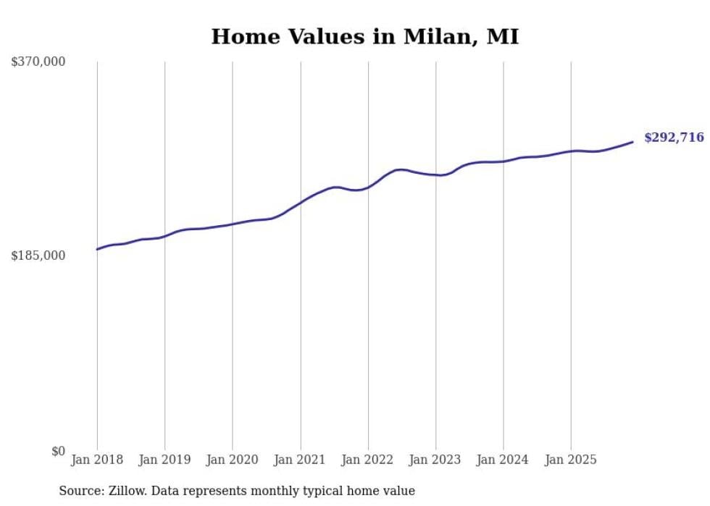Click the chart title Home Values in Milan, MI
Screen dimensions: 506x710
[x=364, y=37]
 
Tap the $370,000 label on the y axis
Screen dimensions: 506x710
[x=38, y=62]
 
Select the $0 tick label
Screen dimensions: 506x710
[x=58, y=451]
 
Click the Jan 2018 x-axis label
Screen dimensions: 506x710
[x=97, y=460]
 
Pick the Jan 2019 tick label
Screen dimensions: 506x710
[x=164, y=460]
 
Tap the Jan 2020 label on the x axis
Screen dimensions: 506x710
[x=233, y=460]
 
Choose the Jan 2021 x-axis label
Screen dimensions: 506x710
[x=300, y=460]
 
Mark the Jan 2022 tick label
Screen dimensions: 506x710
[x=368, y=460]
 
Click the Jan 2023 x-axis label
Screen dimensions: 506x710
[x=435, y=460]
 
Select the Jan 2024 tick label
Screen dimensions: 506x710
[x=503, y=460]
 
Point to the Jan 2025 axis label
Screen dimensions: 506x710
[x=571, y=460]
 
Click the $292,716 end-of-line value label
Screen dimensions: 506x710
[x=673, y=138]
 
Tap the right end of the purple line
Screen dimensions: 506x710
[x=632, y=142]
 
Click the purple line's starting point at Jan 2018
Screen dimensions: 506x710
[x=97, y=249]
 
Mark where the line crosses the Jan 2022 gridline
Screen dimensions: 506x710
[x=368, y=187]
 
